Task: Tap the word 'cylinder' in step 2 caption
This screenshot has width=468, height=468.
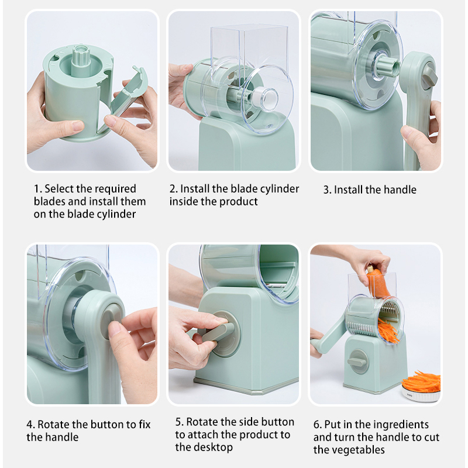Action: coord(280,189)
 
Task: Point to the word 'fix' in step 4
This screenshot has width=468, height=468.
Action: coord(144,424)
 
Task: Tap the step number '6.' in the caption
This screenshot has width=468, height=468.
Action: coord(318,424)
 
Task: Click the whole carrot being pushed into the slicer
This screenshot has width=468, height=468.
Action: coord(377,281)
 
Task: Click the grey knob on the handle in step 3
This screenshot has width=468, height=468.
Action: coord(429,77)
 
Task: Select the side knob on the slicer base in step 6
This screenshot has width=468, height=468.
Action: coord(357,362)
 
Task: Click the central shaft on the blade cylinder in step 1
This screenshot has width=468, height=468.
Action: coord(81,60)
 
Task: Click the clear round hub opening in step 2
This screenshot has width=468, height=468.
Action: coord(265,99)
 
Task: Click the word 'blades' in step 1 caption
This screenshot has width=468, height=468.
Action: coord(50,201)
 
